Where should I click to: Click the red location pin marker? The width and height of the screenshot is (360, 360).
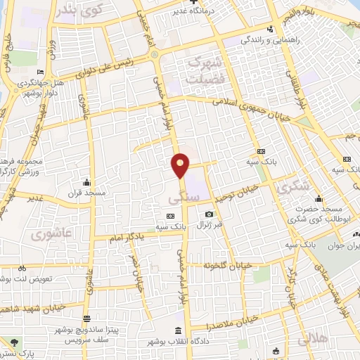pyautogui.click(x=181, y=165)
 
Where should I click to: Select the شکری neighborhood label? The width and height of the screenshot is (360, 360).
pyautogui.click(x=291, y=187)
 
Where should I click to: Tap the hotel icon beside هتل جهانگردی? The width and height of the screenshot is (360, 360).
pyautogui.click(x=41, y=72)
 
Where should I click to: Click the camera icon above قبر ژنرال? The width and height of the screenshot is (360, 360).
pyautogui.click(x=209, y=214)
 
